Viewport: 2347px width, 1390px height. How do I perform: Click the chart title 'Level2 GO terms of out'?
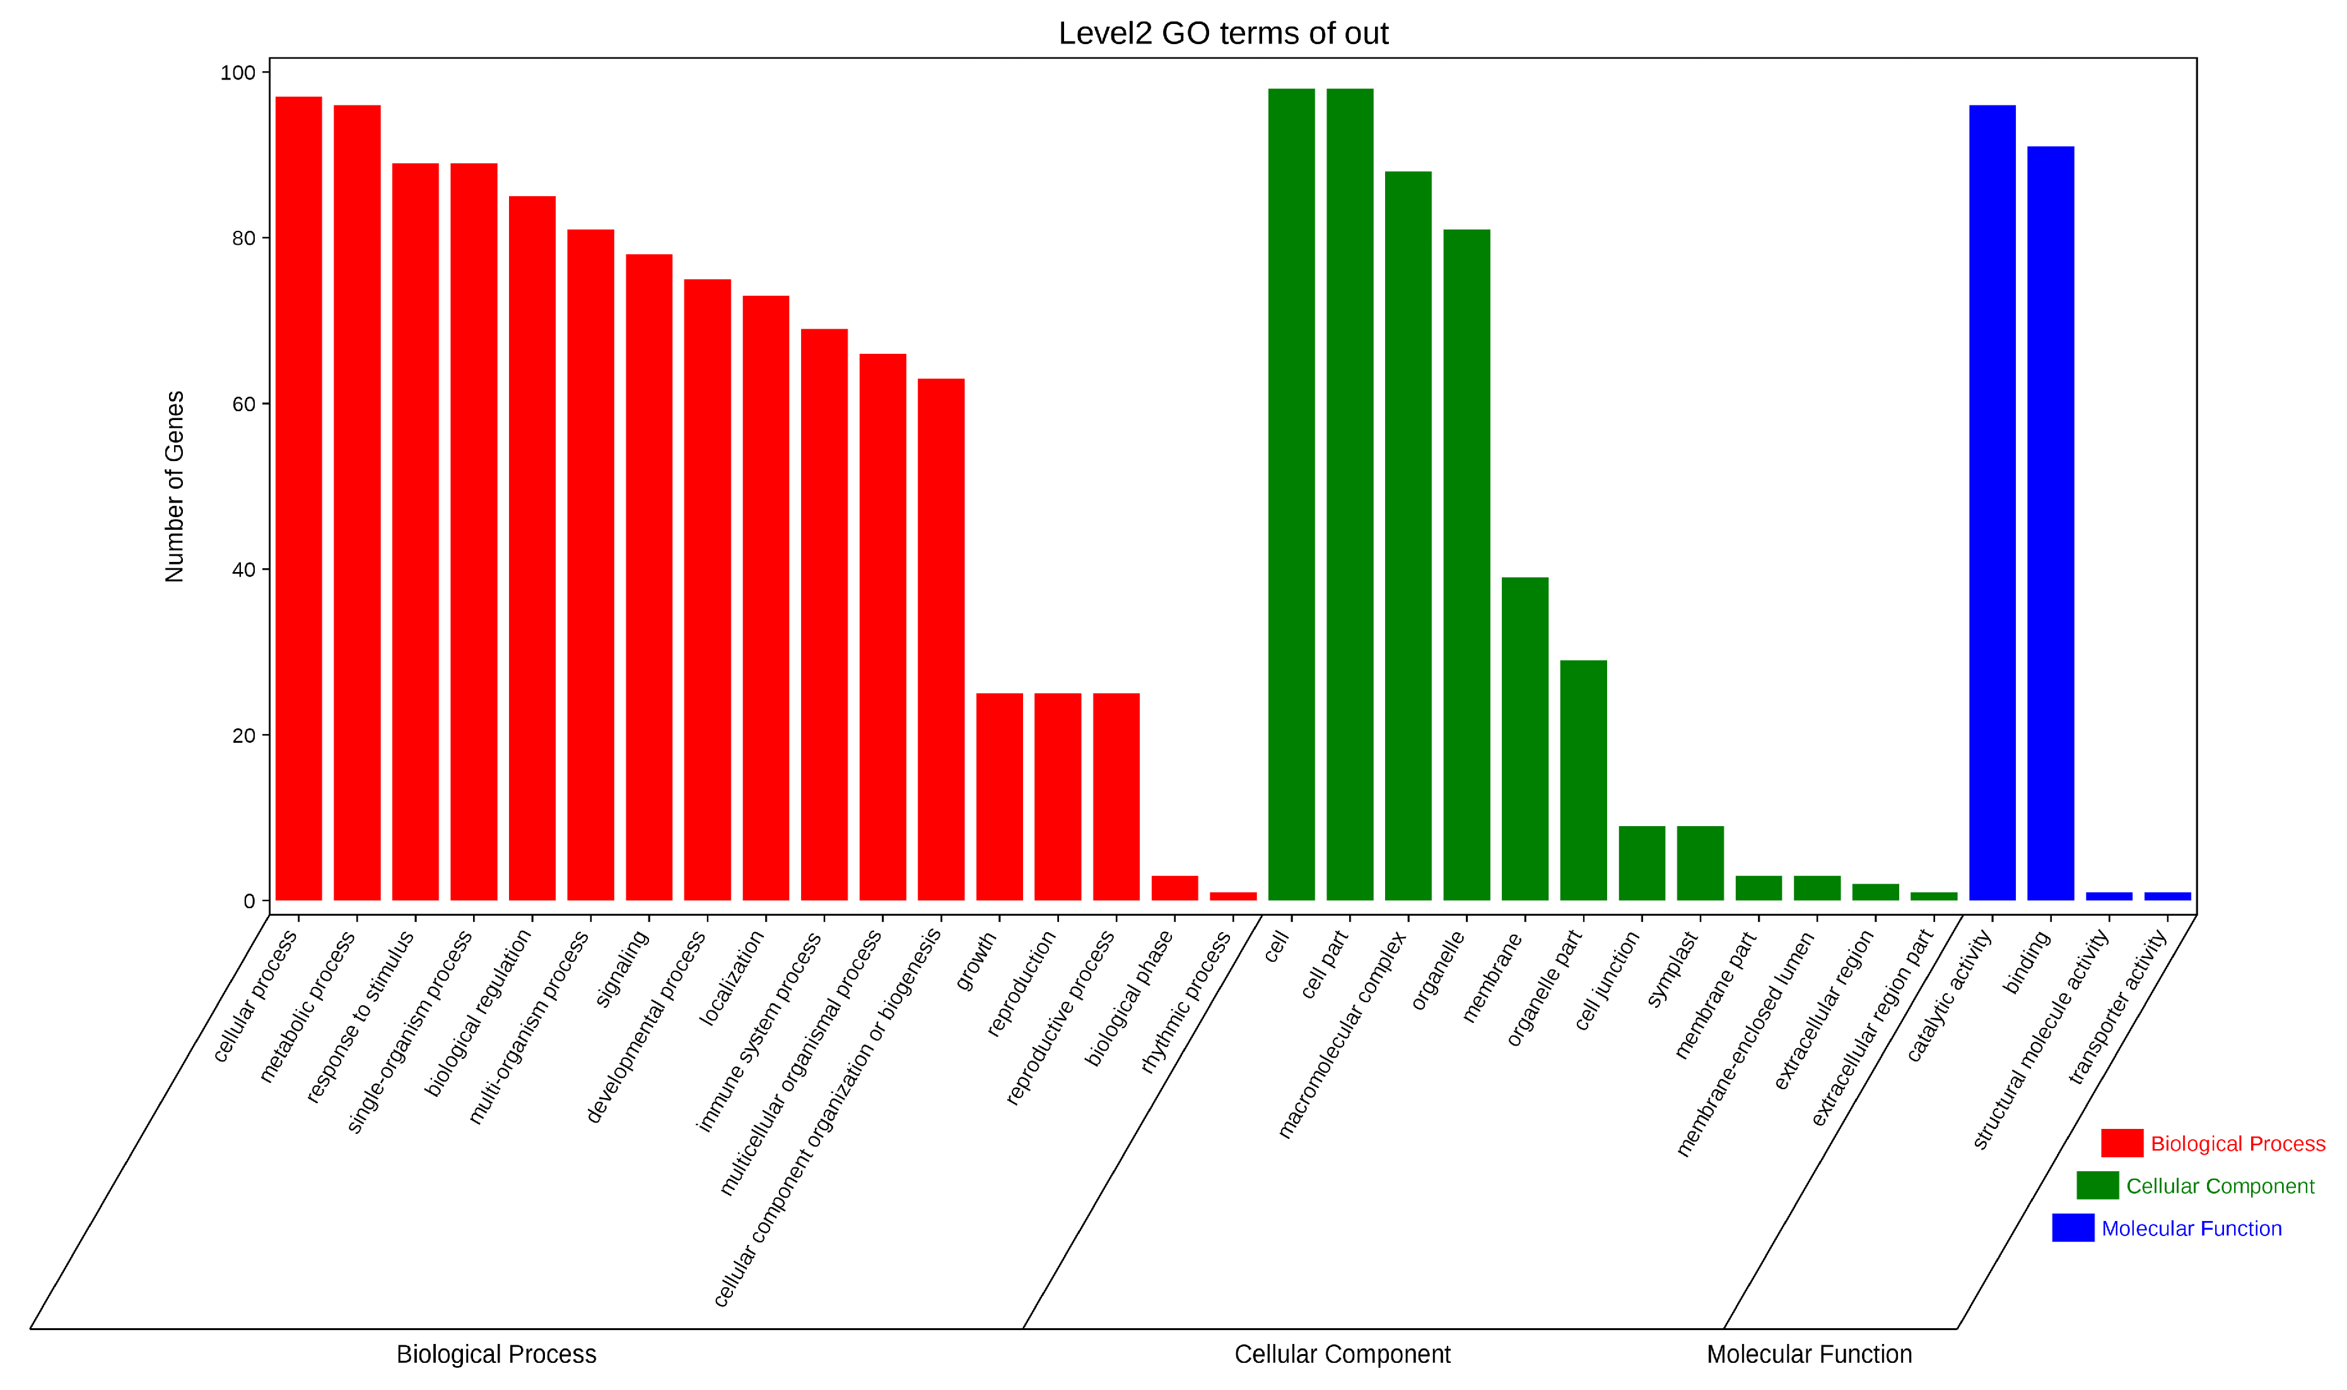click(1222, 33)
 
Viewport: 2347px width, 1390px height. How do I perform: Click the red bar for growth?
click(999, 796)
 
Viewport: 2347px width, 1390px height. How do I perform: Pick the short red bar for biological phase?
click(1174, 888)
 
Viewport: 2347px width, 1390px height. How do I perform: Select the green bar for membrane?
click(1525, 739)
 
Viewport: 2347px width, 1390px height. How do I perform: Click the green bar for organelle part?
click(1583, 780)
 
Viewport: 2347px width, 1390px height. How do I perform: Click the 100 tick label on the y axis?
click(237, 73)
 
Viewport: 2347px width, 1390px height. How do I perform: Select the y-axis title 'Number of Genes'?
click(174, 486)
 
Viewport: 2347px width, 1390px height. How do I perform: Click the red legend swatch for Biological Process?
click(2121, 1143)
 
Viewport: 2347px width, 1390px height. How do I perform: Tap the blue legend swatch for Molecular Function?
click(2073, 1227)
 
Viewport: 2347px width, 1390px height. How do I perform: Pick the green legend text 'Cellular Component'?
click(2219, 1186)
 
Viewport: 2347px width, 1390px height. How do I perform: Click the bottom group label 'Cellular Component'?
click(1341, 1355)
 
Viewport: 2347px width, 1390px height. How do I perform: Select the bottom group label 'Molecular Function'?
click(1808, 1355)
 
